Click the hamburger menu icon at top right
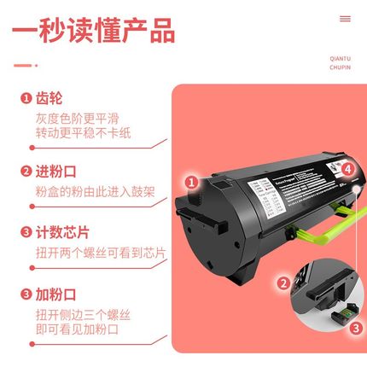click(x=345, y=18)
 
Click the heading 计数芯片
click(x=59, y=232)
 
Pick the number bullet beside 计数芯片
click(x=26, y=232)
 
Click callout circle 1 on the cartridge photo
click(x=192, y=181)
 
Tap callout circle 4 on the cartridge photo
click(x=348, y=169)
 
